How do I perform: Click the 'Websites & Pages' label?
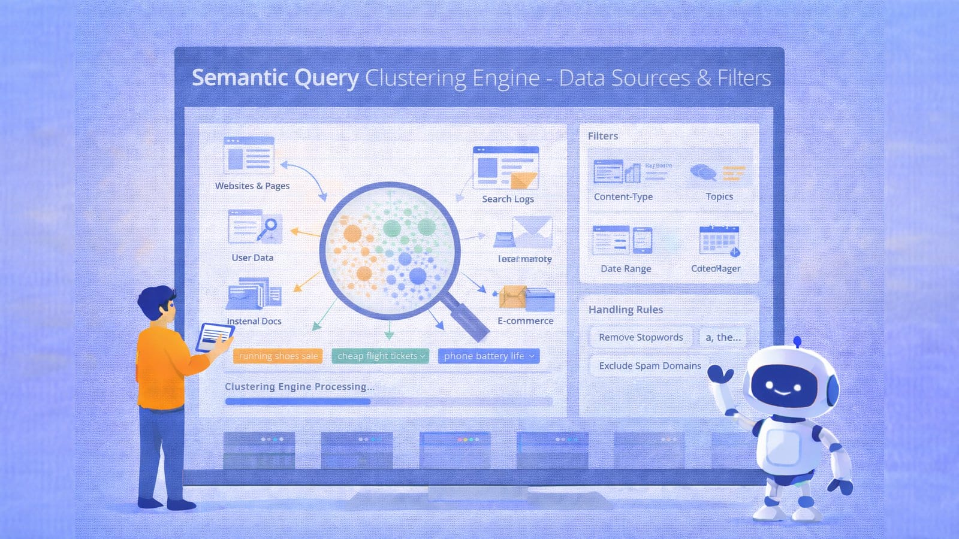[x=252, y=186]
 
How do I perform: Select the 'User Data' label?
[x=252, y=258]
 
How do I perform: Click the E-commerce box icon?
[x=526, y=298]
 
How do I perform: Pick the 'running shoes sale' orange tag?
[x=278, y=356]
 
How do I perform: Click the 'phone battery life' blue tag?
[x=488, y=356]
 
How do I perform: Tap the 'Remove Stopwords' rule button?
[x=641, y=337]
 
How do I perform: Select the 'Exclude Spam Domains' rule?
[x=650, y=365]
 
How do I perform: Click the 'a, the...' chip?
[x=723, y=337]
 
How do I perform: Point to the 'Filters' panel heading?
[x=603, y=136]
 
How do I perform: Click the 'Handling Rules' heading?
[x=626, y=310]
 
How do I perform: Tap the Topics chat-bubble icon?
[x=704, y=173]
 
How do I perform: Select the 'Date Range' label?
[x=626, y=268]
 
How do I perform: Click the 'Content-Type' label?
[x=623, y=196]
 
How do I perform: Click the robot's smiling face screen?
[x=784, y=386]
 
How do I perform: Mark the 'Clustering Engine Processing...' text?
[x=299, y=386]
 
